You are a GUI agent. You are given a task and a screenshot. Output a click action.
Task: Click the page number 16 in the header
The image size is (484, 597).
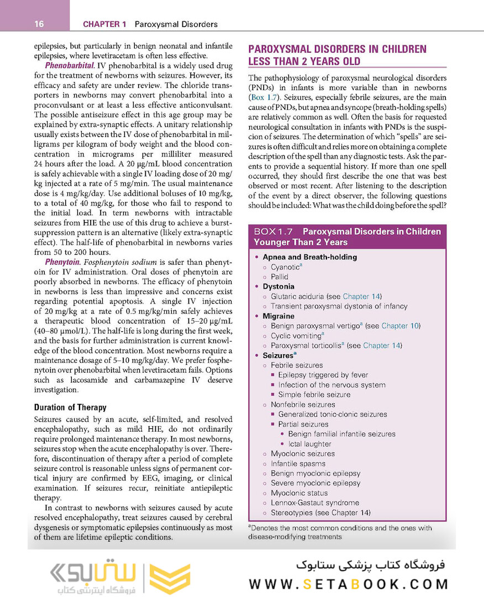tap(39, 24)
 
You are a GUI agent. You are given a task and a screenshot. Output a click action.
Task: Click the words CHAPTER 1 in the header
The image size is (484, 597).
tap(104, 24)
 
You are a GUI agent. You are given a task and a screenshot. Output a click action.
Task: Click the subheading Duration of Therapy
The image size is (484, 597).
tap(70, 407)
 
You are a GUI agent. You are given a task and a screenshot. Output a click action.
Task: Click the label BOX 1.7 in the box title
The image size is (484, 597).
tap(273, 232)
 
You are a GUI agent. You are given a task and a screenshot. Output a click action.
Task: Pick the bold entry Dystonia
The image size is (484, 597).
tap(278, 286)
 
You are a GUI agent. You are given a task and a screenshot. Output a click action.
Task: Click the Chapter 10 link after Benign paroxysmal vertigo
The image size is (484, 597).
tap(401, 326)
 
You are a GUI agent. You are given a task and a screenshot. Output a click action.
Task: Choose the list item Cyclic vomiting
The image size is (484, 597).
tap(296, 336)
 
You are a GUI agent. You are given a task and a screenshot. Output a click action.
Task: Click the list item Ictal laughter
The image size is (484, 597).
tap(309, 444)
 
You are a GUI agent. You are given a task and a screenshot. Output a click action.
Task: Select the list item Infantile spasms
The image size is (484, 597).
tap(298, 463)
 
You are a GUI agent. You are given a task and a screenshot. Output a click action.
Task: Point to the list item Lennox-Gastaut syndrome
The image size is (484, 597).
tap(315, 502)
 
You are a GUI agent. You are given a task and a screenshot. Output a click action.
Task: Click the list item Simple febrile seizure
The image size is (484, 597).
tap(314, 395)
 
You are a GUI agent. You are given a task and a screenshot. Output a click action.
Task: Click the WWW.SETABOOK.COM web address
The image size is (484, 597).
tap(348, 584)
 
